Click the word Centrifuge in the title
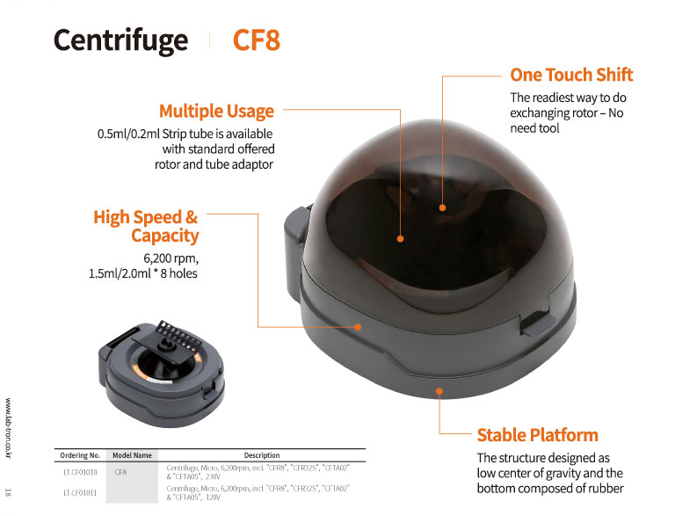121,41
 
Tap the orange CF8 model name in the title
257,40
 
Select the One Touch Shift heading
571,75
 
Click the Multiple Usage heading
216,111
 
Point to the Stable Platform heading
538,435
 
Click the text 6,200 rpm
171,258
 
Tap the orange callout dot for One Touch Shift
443,207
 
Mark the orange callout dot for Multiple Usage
401,238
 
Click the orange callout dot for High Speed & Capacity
358,327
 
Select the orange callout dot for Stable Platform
439,391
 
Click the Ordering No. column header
80,455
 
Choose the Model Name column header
132,455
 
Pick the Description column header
262,455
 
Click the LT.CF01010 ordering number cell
80,472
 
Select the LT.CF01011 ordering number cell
80,493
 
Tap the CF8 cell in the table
120,472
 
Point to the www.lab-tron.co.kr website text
8,428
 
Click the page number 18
8,492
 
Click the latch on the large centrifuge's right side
538,323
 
